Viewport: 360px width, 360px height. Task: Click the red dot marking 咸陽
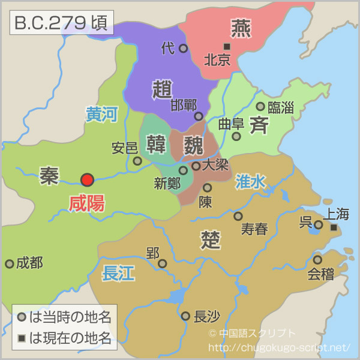tap(88, 179)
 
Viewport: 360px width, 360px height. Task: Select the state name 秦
tap(49, 175)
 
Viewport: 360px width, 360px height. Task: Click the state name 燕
tap(241, 28)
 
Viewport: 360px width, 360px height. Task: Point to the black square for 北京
tap(226, 46)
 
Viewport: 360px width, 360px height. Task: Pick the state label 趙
tap(163, 90)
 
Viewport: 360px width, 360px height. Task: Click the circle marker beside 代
tap(183, 48)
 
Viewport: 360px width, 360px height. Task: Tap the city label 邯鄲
tap(184, 105)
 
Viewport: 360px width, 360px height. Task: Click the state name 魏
tap(194, 144)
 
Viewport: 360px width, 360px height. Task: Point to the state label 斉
tap(259, 126)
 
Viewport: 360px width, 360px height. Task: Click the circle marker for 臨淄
tap(260, 106)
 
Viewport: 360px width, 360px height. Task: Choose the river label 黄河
tap(101, 115)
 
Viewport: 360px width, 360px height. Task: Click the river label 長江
tap(118, 274)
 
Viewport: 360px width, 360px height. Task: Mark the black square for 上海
tap(334, 228)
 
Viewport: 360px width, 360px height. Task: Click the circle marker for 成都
tap(10, 263)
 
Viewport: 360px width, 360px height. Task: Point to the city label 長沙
tap(208, 316)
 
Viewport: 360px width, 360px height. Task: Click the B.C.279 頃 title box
tap(59, 23)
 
